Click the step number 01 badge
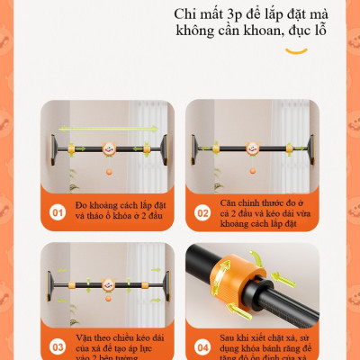point(57,214)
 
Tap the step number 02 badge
point(202,214)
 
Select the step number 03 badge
point(57,344)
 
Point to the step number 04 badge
point(202,344)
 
